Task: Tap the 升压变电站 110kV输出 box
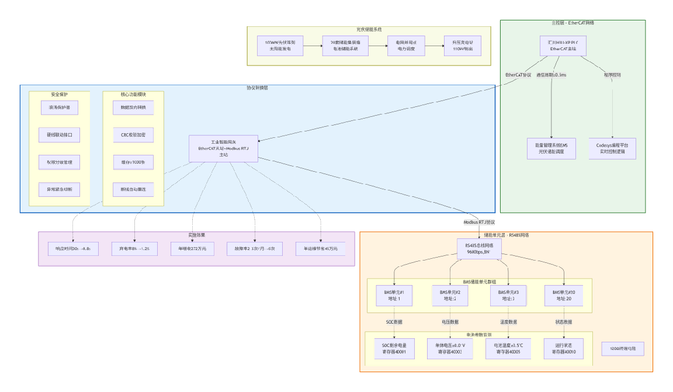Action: [x=462, y=46]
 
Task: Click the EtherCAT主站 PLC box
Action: [x=563, y=46]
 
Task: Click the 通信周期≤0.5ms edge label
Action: [x=551, y=75]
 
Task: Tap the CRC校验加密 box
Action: [x=133, y=135]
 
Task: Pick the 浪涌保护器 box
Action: [x=60, y=108]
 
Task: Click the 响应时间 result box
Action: [x=73, y=249]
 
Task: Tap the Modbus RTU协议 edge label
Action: [x=479, y=223]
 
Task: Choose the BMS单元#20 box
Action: [x=564, y=296]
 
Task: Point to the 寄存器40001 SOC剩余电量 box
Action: [x=394, y=349]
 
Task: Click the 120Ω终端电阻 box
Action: [x=627, y=349]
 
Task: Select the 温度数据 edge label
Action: [x=508, y=322]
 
